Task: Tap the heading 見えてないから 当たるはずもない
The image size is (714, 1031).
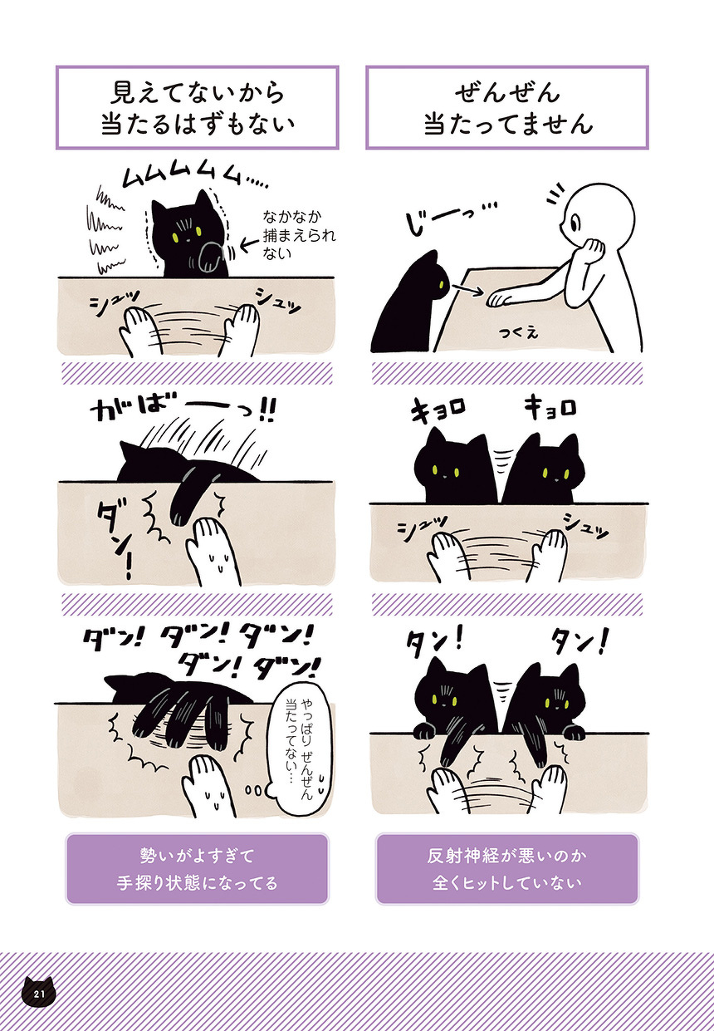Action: pos(198,109)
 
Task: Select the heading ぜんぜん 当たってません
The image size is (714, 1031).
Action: pos(507,109)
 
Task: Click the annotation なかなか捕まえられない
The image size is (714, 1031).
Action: pos(299,234)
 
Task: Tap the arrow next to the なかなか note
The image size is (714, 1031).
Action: pos(249,244)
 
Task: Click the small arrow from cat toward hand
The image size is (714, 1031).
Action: pos(467,289)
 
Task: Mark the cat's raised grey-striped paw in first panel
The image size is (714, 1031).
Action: pos(210,258)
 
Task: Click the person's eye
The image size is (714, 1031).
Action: pos(577,224)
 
